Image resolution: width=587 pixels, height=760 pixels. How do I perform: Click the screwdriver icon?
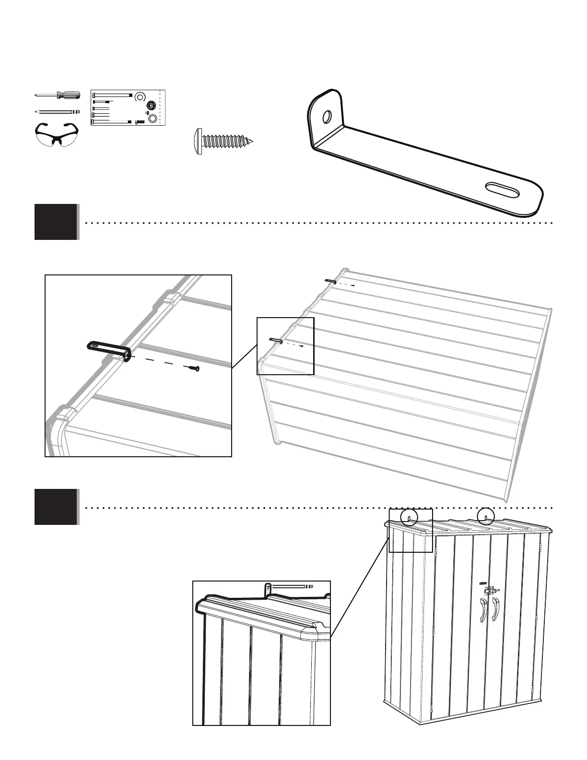56,95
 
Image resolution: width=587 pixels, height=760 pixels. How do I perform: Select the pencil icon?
56,111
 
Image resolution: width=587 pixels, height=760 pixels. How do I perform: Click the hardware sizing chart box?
128,107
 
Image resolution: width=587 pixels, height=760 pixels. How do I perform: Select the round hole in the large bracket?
327,117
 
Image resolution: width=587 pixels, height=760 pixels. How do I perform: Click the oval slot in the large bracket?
502,190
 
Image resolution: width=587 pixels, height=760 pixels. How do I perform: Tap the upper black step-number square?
56,222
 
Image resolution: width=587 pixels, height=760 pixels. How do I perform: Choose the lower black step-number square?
56,507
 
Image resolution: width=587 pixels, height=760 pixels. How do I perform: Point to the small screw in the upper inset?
194,368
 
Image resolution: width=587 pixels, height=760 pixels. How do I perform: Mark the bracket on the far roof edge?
330,281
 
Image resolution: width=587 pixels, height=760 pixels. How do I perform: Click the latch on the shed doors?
490,590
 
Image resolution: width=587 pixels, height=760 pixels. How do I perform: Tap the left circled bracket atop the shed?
408,518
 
